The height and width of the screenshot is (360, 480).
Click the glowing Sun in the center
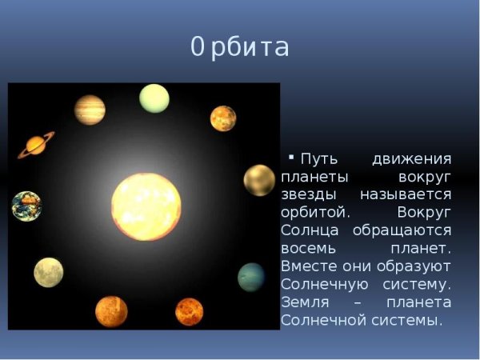click(x=146, y=206)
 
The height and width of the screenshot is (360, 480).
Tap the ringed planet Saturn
click(x=36, y=145)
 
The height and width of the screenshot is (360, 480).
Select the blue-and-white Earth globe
click(x=26, y=206)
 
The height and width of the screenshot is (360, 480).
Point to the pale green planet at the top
click(x=154, y=98)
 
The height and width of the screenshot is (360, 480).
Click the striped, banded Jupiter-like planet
click(x=90, y=110)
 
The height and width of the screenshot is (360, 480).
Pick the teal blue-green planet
click(x=251, y=277)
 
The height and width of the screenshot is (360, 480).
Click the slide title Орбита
click(x=240, y=47)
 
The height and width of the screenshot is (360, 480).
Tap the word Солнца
click(x=307, y=230)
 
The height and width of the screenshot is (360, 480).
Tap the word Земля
click(x=303, y=301)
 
